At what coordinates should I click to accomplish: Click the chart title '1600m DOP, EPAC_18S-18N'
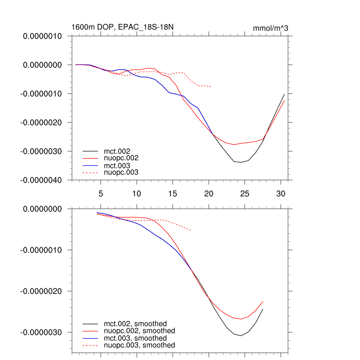click(122, 27)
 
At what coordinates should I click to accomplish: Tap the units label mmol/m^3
click(270, 28)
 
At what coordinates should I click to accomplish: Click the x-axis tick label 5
click(101, 193)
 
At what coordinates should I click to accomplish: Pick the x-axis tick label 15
click(173, 193)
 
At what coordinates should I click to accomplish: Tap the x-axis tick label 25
click(245, 193)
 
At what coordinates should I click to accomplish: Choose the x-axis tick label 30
click(281, 193)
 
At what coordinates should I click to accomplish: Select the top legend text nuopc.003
click(121, 172)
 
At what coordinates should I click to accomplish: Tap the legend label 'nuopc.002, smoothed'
click(140, 331)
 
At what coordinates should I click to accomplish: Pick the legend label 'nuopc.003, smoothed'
click(140, 345)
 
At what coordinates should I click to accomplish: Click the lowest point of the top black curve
click(241, 162)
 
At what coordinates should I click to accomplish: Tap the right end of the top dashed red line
click(211, 87)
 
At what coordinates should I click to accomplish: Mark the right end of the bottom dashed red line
click(191, 230)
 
